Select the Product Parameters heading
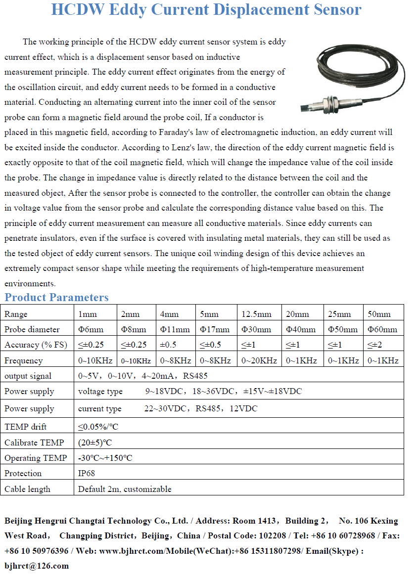coord(56,297)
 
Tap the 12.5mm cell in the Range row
coord(256,314)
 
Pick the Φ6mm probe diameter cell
coord(91,329)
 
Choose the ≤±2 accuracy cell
coord(374,345)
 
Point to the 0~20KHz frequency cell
coord(259,360)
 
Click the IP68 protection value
coord(87,473)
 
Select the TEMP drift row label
coord(25,426)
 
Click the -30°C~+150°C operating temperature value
coord(105,458)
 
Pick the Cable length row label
coord(27,489)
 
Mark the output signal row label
coord(28,376)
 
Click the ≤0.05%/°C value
coord(98,426)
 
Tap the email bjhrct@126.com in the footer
coord(37,566)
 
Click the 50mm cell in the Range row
coord(379,314)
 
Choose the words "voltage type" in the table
coord(100,391)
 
